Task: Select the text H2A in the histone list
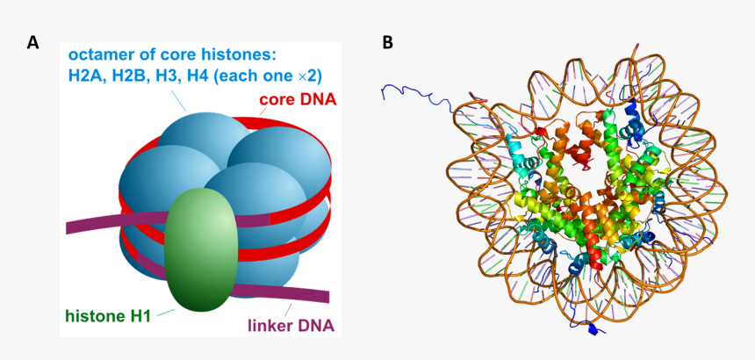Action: pos(84,76)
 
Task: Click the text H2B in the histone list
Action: pos(125,76)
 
